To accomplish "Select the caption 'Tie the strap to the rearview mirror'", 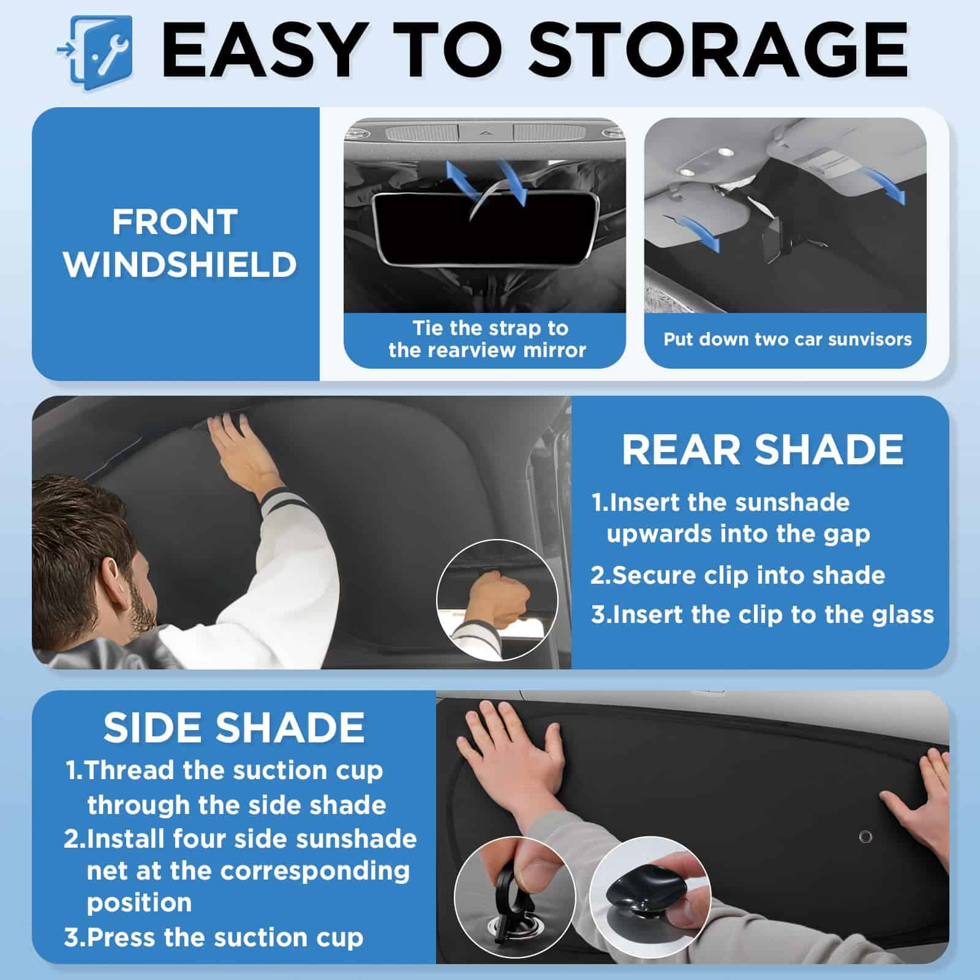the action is coord(487,339).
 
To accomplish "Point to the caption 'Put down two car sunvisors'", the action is coord(787,339).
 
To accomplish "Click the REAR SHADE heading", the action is coord(763,450).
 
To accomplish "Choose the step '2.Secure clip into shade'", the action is coord(737,575).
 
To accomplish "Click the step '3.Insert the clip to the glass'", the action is coord(763,614).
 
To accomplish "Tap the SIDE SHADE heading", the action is coord(234,728).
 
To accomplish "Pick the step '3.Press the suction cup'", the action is coord(213,937).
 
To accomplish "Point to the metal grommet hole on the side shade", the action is coord(865,836).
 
